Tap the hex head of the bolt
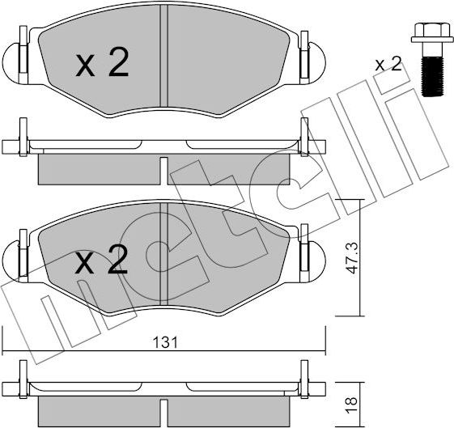(425, 34)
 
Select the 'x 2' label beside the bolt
(388, 65)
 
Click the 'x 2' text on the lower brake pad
(102, 261)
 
